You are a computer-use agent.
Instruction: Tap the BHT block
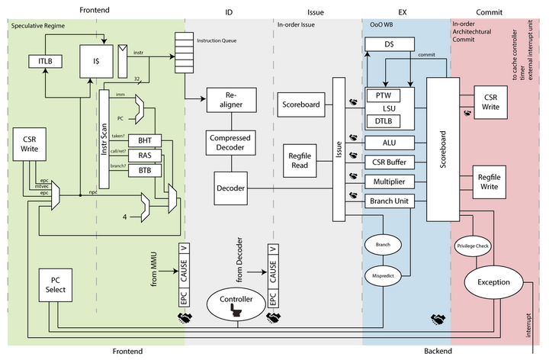145,141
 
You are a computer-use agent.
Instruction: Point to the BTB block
145,170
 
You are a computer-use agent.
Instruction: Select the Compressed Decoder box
230,143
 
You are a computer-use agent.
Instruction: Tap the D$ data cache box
389,45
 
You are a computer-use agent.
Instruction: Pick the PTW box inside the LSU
384,95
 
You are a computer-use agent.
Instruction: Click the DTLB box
384,121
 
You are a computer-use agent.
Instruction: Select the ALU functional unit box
389,143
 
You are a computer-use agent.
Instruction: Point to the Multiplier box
389,182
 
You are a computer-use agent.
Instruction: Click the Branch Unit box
389,201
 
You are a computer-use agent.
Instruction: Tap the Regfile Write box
490,182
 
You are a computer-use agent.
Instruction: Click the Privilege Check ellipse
473,246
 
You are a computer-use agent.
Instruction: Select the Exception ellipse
493,282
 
